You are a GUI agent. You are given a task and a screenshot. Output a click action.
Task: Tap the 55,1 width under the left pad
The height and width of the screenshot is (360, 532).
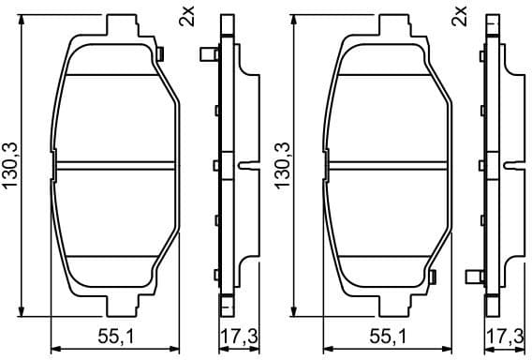(x=119, y=337)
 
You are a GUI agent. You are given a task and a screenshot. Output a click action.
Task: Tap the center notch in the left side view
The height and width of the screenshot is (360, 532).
(x=245, y=166)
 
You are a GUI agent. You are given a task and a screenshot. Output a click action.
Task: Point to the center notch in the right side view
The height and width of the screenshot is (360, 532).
(x=516, y=166)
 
